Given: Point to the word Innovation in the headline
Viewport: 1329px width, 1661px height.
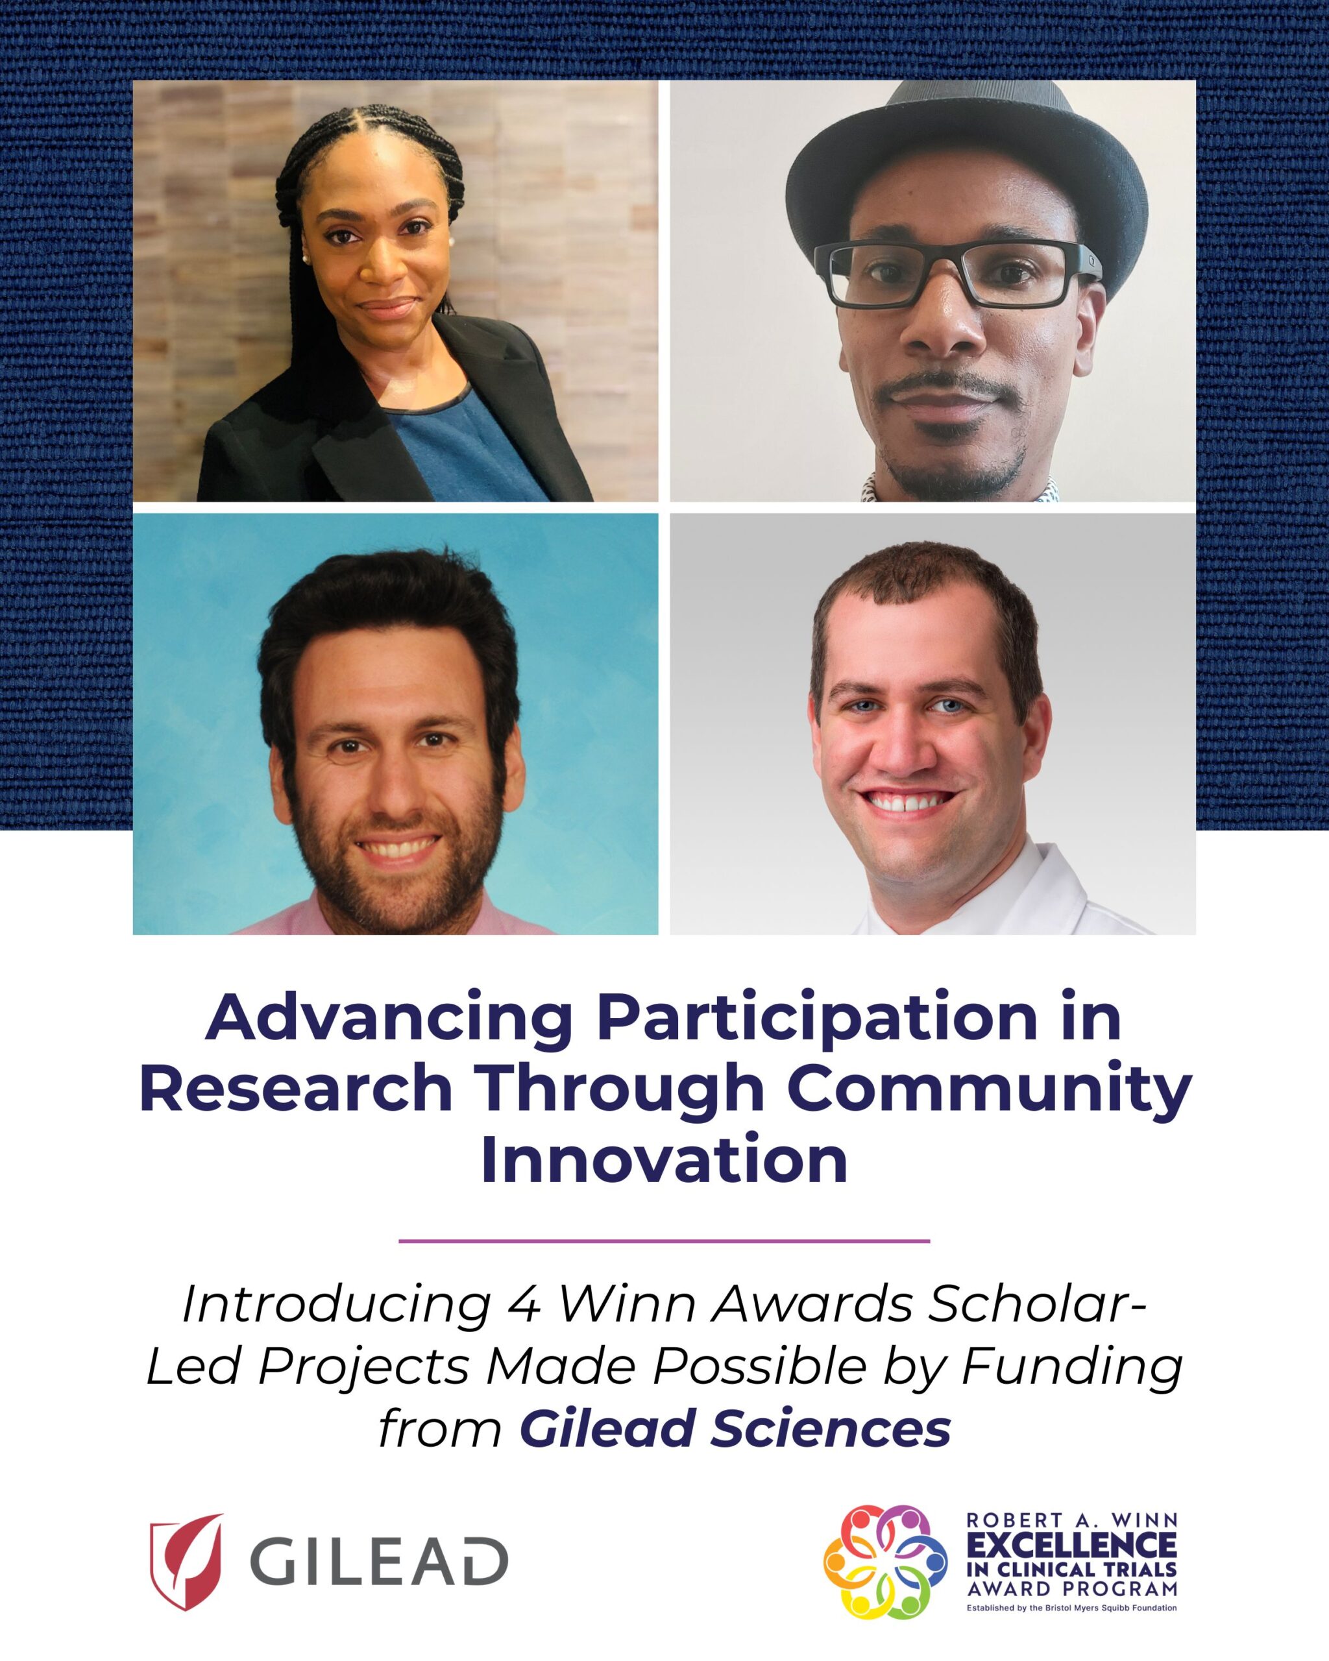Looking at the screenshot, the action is (x=664, y=1160).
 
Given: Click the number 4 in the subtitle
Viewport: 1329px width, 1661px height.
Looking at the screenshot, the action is (x=525, y=1304).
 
